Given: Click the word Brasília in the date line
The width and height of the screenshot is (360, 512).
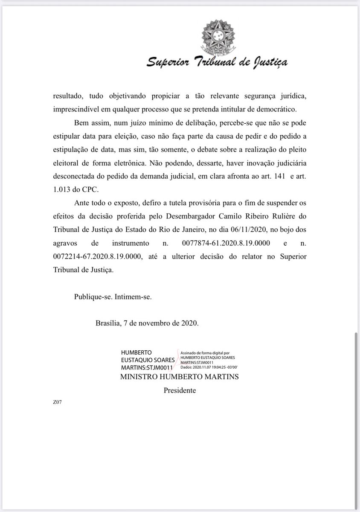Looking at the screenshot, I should [x=108, y=323].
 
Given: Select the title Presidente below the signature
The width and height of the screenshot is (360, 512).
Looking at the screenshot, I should [x=180, y=390].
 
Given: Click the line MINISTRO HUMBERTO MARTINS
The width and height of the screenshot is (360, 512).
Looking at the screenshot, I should [x=180, y=377].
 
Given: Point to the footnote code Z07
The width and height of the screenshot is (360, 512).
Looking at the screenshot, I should [x=57, y=401].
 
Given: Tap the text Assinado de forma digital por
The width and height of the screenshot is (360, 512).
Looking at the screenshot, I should [x=205, y=353].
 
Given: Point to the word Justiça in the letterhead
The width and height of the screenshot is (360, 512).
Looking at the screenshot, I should [x=266, y=63].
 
